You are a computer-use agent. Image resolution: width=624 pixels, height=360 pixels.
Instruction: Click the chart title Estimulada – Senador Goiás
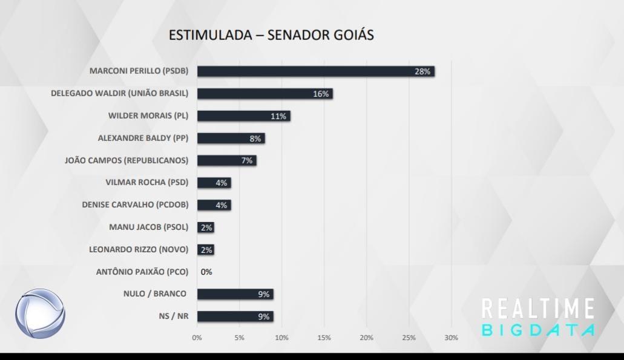(271, 34)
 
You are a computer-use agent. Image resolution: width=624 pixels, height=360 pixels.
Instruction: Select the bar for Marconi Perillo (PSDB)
(315, 71)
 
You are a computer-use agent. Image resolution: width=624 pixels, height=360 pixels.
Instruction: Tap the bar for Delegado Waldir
(264, 94)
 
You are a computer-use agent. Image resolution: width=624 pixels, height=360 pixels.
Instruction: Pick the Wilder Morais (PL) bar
(243, 116)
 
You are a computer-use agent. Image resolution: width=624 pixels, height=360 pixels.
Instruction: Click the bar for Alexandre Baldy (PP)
(231, 139)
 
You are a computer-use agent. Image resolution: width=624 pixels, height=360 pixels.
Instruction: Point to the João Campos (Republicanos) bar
(226, 160)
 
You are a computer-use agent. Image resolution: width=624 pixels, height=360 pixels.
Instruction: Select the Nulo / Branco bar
(235, 294)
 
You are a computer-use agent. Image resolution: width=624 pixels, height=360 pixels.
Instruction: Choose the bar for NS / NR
(235, 316)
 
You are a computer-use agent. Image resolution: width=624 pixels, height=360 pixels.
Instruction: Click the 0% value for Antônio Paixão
(206, 272)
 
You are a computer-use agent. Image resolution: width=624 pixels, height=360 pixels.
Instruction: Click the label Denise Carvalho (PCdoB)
(135, 205)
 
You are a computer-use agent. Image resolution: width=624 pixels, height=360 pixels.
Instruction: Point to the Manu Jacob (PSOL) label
(149, 227)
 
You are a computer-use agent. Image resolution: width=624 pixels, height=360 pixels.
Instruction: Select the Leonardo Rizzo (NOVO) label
(139, 249)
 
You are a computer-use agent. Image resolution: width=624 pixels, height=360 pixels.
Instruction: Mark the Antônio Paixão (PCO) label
(142, 272)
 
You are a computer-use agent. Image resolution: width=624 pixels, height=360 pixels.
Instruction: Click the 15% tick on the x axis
(324, 338)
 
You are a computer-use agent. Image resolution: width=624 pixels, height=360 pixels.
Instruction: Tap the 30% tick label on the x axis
(452, 338)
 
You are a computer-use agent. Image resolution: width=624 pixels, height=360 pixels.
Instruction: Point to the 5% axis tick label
(239, 338)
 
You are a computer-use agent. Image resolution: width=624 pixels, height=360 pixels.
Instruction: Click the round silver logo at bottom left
(40, 314)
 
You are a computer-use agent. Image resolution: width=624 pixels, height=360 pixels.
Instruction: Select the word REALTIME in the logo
(538, 309)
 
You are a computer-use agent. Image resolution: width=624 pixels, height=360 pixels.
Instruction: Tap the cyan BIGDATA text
(538, 330)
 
